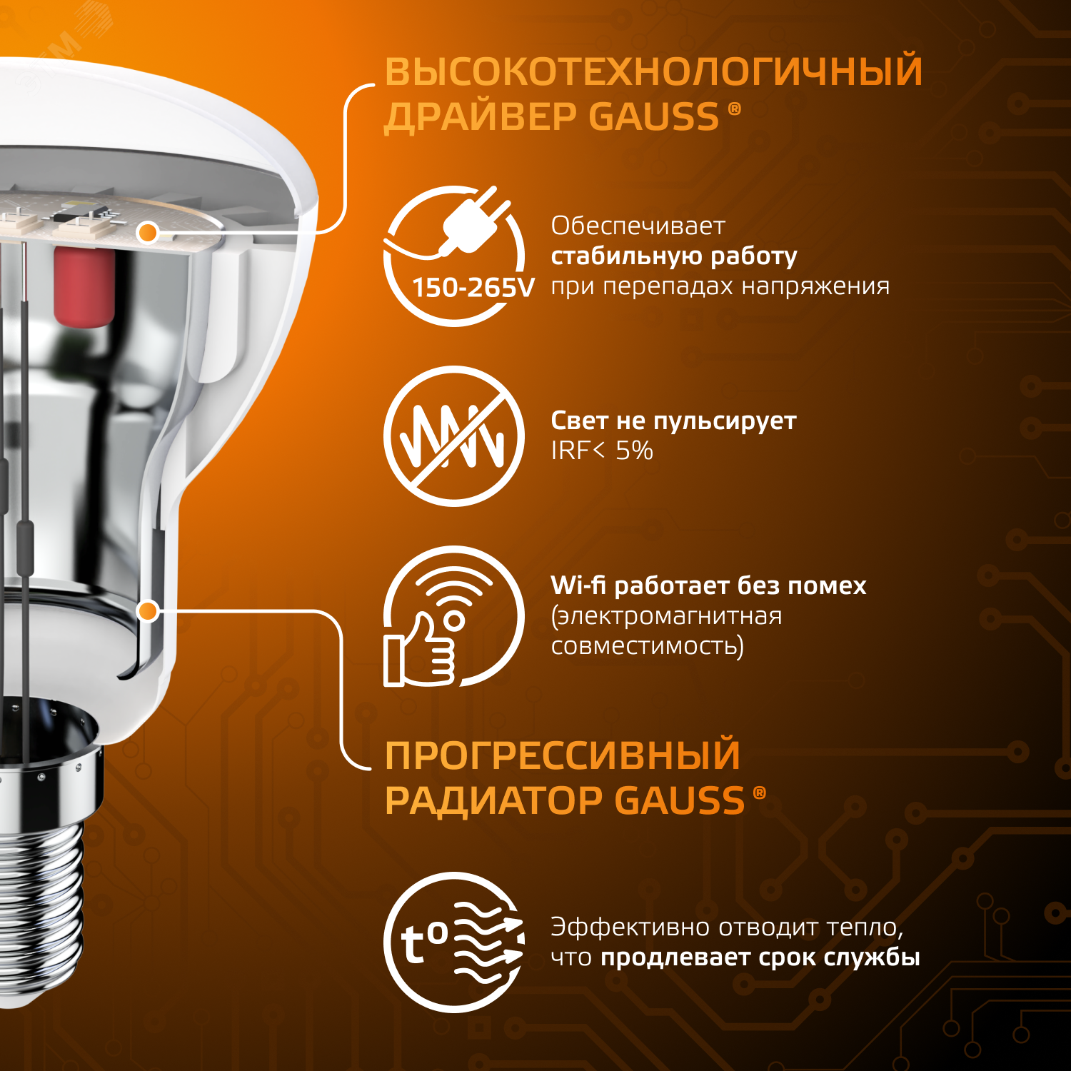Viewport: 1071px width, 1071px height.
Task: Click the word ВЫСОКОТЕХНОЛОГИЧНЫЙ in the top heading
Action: [653, 71]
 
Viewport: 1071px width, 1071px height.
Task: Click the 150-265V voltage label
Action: [473, 288]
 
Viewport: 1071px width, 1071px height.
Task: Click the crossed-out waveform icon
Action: [454, 436]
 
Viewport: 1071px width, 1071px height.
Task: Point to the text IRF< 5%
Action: [601, 451]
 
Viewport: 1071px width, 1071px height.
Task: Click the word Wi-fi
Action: [578, 585]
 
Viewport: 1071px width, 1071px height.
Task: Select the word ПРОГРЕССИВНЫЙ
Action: [562, 755]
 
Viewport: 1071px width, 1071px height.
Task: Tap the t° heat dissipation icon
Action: [454, 942]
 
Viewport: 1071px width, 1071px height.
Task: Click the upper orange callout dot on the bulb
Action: [148, 232]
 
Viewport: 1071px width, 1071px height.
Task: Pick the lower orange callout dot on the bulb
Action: [148, 610]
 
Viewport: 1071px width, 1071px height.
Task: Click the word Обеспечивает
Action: [638, 226]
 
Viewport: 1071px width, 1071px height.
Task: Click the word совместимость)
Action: [647, 646]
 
